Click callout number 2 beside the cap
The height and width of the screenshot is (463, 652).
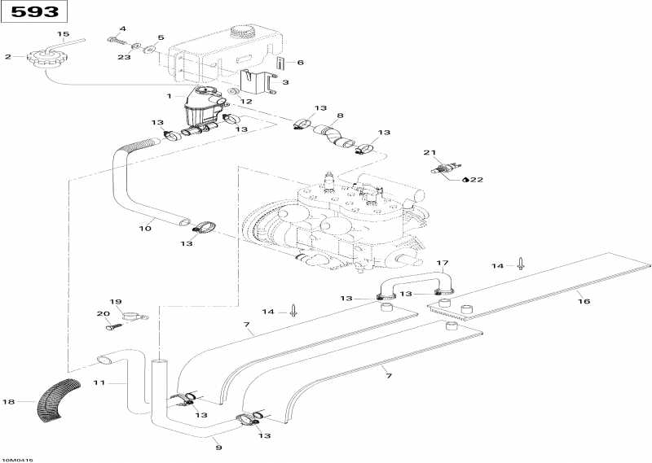[8, 57]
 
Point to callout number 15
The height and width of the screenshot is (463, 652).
[63, 33]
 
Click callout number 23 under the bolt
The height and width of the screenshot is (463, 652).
[124, 57]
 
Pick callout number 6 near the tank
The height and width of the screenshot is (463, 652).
[300, 63]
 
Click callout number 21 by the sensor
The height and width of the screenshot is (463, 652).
[430, 152]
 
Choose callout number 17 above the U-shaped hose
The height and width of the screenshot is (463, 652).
[443, 263]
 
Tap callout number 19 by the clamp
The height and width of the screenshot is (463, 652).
[115, 301]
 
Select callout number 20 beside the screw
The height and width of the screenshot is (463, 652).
[102, 314]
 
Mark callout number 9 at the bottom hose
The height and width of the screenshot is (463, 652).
[217, 447]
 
